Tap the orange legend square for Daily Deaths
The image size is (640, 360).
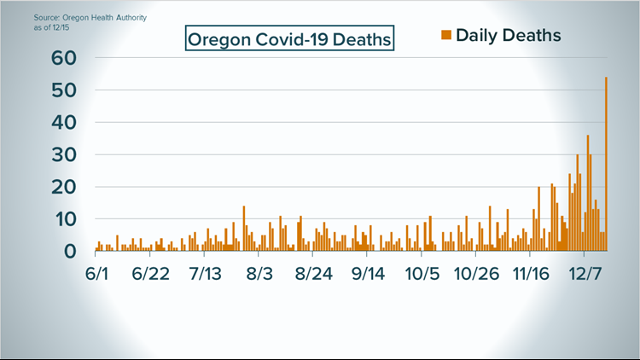pos(445,35)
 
